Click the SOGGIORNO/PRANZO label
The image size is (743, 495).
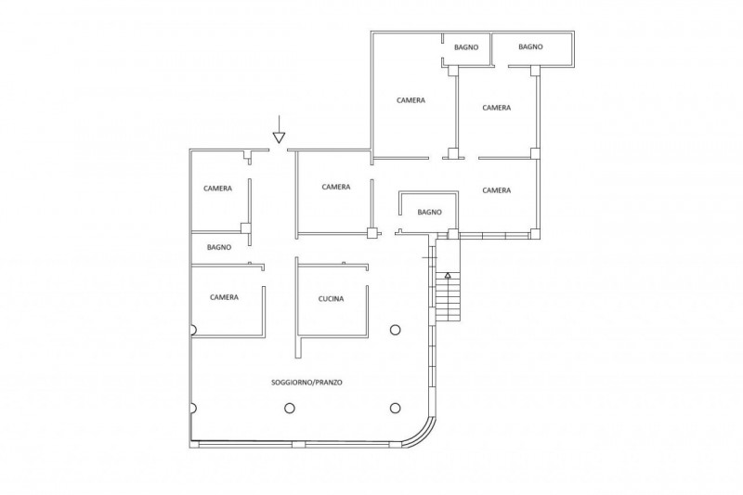(x=306, y=383)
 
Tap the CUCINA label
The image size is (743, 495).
(x=331, y=299)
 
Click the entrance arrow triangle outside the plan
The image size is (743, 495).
(x=280, y=137)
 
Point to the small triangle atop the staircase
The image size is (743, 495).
(x=448, y=275)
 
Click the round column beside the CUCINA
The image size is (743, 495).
(x=396, y=330)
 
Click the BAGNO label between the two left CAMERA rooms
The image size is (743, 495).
(x=219, y=247)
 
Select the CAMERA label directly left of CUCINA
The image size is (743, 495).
(x=224, y=297)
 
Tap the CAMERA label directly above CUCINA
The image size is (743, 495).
(x=336, y=187)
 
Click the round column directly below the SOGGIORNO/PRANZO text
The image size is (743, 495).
(x=290, y=408)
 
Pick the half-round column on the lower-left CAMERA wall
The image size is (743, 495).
(x=193, y=330)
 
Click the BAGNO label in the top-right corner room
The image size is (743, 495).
(x=530, y=46)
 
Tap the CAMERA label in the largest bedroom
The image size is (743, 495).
(x=411, y=100)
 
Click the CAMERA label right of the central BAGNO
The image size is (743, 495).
(x=497, y=190)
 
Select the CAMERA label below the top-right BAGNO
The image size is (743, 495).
(x=497, y=108)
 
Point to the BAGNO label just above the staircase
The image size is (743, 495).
(x=430, y=213)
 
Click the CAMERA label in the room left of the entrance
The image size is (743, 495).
(x=218, y=189)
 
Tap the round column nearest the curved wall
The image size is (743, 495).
(x=396, y=408)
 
